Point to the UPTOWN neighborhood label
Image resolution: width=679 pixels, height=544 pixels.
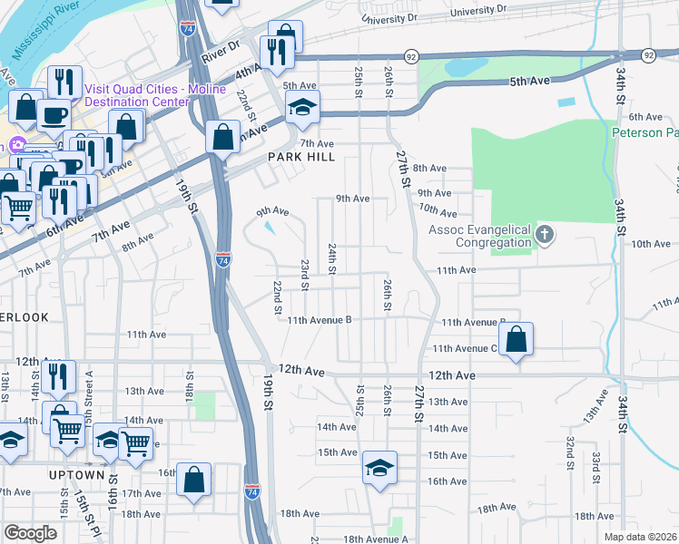point(77,474)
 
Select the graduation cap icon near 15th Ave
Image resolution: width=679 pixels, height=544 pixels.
point(379,468)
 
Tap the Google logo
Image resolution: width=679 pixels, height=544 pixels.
point(30,533)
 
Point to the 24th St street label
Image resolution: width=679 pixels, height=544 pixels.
point(333,258)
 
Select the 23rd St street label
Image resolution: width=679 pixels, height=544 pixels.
point(306,275)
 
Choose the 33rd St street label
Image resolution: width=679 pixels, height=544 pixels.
point(596,465)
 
